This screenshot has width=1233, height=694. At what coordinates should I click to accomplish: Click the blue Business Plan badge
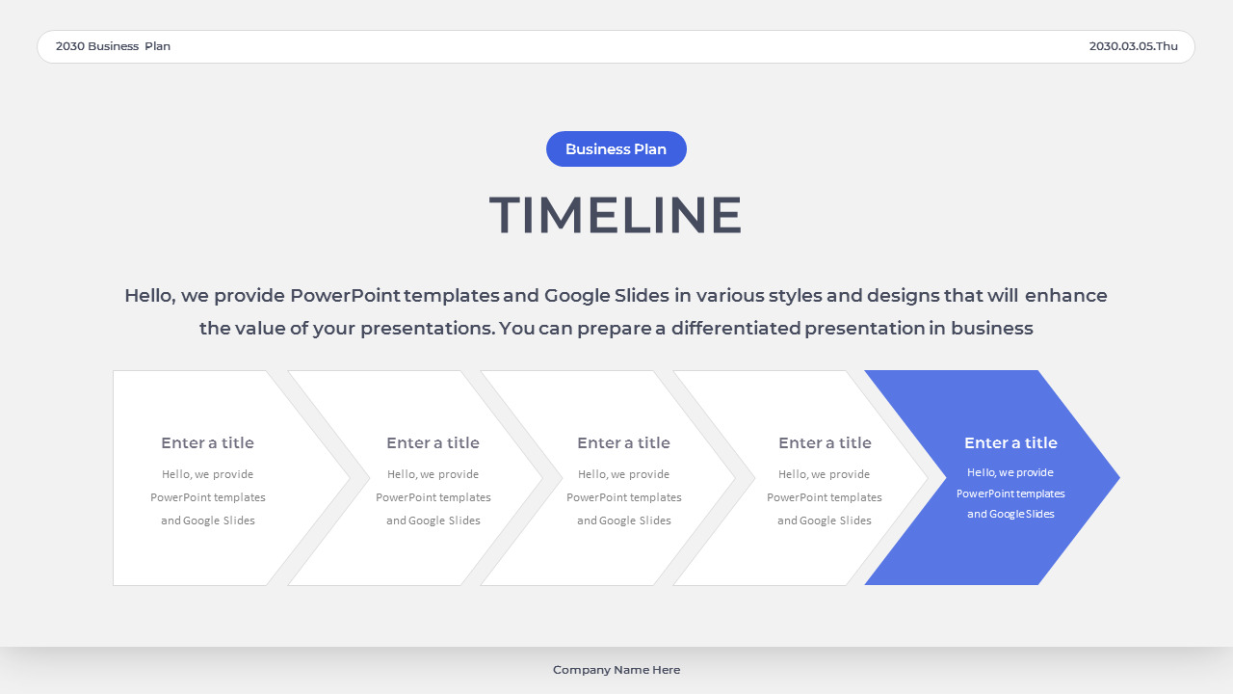[616, 149]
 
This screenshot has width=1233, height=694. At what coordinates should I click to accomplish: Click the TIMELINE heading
[616, 215]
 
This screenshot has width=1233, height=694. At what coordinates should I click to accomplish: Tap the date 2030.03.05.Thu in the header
[1133, 46]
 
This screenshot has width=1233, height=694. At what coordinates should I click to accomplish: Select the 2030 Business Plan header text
[113, 46]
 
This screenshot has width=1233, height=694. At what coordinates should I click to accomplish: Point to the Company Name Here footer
[616, 670]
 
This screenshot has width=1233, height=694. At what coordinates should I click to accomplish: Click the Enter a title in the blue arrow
[1010, 443]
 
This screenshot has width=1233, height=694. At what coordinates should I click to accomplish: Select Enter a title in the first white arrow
[207, 443]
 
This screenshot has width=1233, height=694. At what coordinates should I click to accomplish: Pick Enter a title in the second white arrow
[433, 443]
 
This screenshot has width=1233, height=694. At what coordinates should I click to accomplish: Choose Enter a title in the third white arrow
[623, 443]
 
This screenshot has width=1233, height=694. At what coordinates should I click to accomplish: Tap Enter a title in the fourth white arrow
[825, 443]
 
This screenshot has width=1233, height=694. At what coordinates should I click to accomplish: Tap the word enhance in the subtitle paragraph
[1066, 296]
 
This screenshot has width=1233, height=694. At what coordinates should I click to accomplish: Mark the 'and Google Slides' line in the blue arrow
[1010, 515]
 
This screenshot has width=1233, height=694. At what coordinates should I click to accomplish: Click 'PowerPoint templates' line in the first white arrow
[207, 497]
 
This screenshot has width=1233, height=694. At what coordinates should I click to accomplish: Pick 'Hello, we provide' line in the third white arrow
[623, 474]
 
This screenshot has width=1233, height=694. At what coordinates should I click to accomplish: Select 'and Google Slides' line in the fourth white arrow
[825, 520]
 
